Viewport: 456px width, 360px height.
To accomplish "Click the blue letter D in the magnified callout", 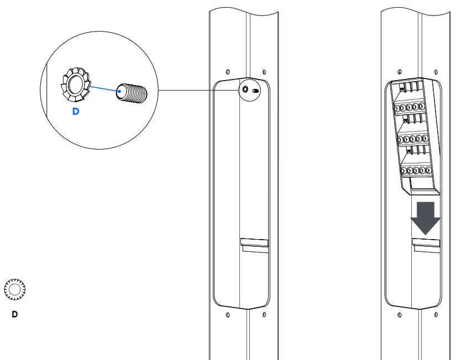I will tap(76, 112).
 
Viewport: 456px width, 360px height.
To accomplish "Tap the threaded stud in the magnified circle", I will tap(132, 92).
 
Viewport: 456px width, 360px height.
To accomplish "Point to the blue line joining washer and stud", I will tap(103, 88).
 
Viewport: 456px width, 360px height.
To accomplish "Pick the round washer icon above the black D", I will tap(15, 289).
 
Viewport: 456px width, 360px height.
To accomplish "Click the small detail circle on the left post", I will tap(249, 90).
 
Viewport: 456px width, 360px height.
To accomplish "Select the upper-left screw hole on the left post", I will tap(228, 72).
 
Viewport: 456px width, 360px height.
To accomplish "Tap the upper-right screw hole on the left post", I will tap(264, 72).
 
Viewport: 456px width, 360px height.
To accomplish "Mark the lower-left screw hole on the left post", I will tap(228, 315).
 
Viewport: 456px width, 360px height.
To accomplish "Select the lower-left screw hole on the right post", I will tap(400, 315).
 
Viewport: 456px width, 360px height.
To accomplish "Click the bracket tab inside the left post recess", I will tap(254, 243).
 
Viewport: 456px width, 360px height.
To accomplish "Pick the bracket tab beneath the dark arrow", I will tap(426, 243).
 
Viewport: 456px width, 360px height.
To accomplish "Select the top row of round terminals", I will tap(411, 108).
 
